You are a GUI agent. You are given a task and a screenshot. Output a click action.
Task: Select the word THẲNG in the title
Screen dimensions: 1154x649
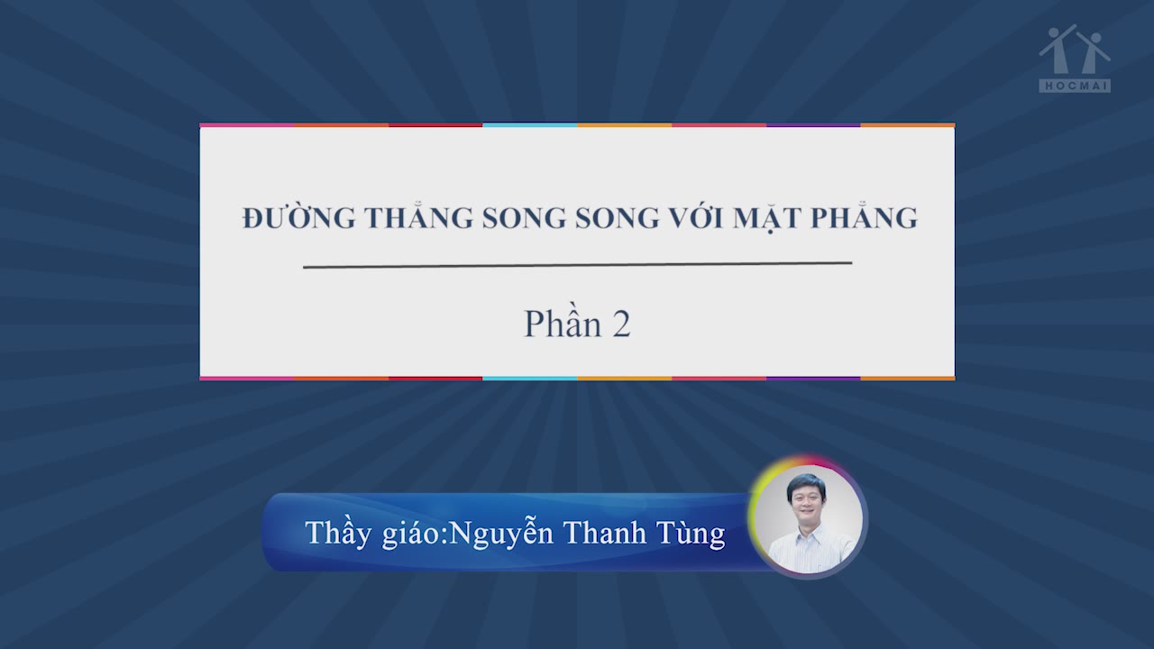coord(419,215)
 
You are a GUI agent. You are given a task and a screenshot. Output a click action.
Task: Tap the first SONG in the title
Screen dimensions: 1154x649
coord(524,218)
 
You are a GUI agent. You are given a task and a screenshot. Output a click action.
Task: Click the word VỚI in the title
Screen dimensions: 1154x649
coord(697,216)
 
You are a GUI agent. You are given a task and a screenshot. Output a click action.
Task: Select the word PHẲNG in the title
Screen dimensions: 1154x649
coord(865,215)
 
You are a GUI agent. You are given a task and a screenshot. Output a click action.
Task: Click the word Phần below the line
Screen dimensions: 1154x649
coord(563,322)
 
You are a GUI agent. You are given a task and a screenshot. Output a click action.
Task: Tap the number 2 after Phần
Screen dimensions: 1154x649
coord(622,324)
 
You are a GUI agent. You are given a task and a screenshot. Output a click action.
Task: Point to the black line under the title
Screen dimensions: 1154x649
coord(578,265)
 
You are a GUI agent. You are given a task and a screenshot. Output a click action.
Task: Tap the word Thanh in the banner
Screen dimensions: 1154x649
coord(605,532)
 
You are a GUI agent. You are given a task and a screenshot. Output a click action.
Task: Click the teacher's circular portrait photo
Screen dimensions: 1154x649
coord(808,517)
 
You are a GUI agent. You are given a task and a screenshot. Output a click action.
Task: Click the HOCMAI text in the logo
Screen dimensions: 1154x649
coord(1075,86)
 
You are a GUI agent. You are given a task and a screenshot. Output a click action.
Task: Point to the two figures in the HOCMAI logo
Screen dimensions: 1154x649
coord(1075,50)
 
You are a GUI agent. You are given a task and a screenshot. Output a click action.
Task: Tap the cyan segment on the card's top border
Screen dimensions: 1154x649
coord(529,124)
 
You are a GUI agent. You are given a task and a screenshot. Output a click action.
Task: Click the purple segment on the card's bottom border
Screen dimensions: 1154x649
coord(813,379)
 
